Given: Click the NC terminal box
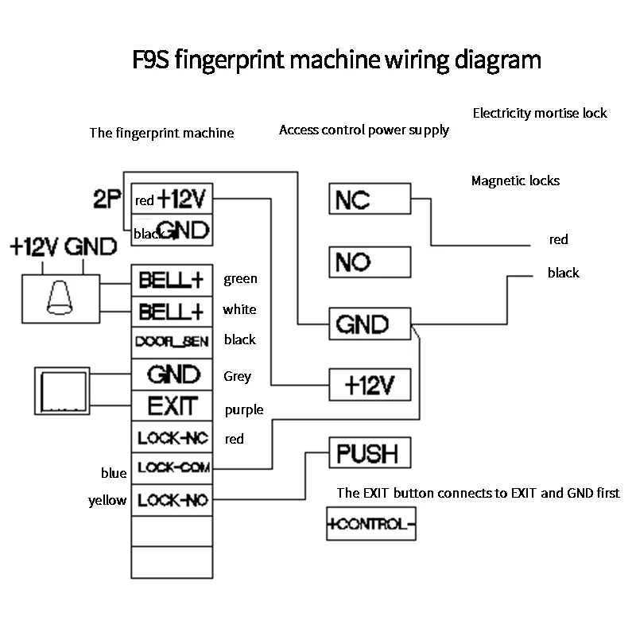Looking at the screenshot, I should (x=370, y=198).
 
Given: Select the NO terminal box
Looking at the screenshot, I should (x=370, y=262).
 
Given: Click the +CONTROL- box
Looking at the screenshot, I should (x=372, y=525).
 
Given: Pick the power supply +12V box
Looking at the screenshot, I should (x=370, y=386).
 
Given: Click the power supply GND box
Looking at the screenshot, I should (x=370, y=324).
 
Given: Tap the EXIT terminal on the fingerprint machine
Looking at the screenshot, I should (x=172, y=407).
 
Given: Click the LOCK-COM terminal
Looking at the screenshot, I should (x=172, y=468).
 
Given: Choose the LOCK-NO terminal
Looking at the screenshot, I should (x=172, y=501).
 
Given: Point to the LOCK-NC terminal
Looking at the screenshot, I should (x=172, y=437).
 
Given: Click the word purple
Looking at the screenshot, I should (x=243, y=410).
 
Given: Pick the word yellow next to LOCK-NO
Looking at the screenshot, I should (x=107, y=501).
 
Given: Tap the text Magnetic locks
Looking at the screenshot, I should (x=515, y=181).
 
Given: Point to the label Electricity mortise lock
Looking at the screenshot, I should (x=539, y=113).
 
